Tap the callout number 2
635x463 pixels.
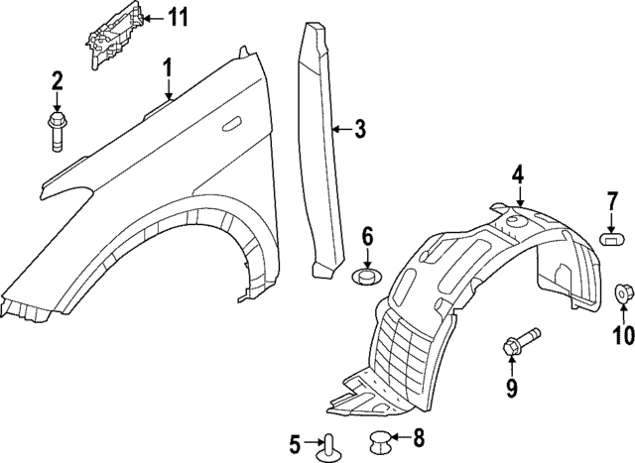tap(57, 81)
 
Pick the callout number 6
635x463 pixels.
tap(367, 236)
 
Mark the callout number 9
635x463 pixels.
tap(512, 388)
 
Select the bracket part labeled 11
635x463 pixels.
tap(109, 37)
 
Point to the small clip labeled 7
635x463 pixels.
tap(611, 238)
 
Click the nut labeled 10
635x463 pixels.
tap(625, 293)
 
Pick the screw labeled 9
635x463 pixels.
tap(519, 341)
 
